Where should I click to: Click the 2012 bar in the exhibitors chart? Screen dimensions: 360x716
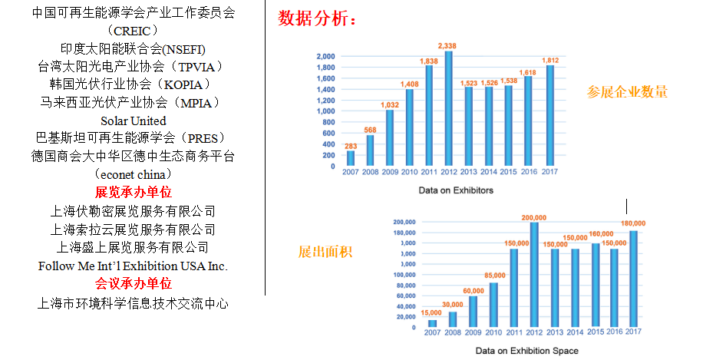449,108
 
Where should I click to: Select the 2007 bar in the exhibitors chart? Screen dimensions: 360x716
351,158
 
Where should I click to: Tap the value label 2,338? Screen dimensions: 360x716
449,45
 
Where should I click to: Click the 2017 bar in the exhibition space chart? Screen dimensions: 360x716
634,279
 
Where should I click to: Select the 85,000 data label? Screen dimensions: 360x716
495,276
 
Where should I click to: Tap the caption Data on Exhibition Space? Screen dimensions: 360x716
527,351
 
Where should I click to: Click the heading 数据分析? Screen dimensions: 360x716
318,19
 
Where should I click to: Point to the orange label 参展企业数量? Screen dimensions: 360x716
628,93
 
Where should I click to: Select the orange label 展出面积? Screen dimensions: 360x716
325,252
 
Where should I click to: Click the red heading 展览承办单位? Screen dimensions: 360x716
133,193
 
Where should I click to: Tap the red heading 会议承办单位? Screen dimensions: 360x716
133,284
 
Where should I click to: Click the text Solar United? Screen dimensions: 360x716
133,121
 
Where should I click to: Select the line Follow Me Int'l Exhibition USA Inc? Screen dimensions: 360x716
133,266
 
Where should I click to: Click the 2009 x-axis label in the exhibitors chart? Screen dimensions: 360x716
390,172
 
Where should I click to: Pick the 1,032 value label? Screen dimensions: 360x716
391,104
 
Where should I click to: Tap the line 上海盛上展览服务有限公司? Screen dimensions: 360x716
133,247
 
